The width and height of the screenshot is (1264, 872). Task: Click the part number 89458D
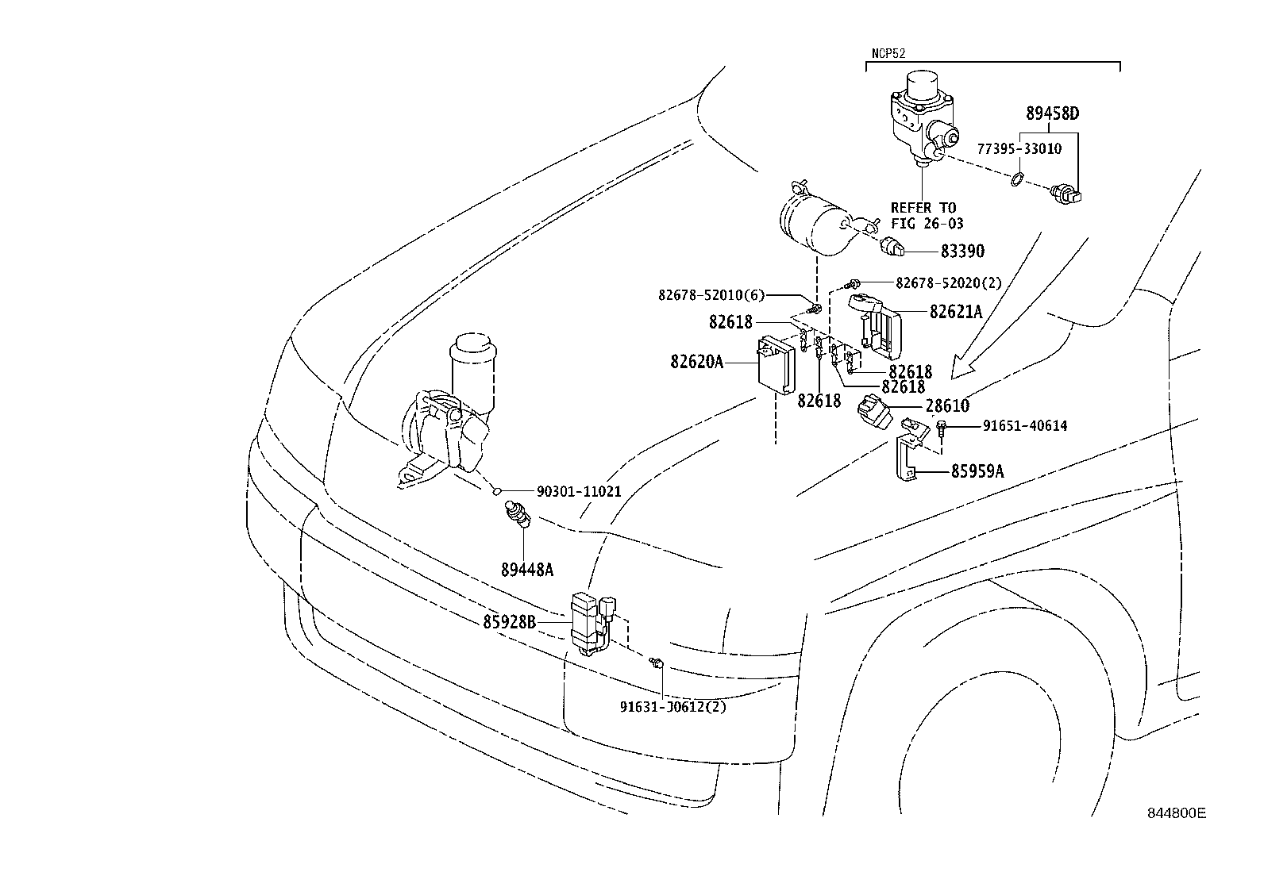1052,113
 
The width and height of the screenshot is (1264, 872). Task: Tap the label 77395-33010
1018,148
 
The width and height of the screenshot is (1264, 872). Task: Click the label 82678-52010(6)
711,295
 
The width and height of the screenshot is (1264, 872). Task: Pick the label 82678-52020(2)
948,282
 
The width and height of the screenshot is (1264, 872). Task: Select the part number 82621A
956,312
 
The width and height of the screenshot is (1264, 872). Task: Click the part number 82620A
696,363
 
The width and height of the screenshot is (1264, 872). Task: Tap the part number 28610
947,406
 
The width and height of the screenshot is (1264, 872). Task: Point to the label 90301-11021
579,492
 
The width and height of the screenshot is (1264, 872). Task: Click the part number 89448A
526,570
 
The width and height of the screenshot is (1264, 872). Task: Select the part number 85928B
510,624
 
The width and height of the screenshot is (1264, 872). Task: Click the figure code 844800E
1176,814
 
